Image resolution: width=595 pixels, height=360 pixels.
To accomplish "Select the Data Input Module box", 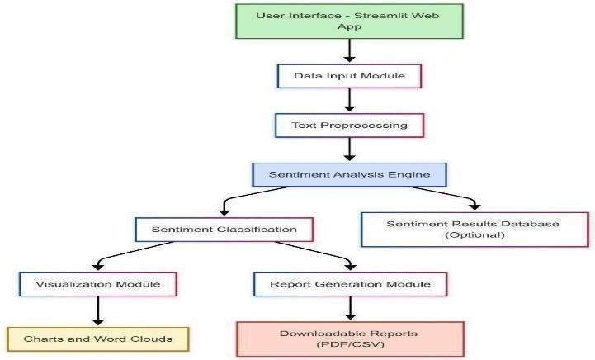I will [x=350, y=76].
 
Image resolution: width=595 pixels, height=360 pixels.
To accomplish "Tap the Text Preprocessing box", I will [x=350, y=126].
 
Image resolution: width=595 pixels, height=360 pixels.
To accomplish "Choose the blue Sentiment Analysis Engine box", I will [x=350, y=175].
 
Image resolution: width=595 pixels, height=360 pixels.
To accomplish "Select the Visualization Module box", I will [x=98, y=284].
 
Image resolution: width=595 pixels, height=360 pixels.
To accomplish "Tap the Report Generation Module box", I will [x=350, y=284].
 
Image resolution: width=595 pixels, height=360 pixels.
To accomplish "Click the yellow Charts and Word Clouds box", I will [x=98, y=339].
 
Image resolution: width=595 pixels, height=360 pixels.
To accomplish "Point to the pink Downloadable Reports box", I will [x=350, y=339].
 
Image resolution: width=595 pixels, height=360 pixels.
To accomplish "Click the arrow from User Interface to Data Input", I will [x=350, y=50].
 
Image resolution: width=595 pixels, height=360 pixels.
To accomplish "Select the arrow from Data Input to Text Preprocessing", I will [x=350, y=101].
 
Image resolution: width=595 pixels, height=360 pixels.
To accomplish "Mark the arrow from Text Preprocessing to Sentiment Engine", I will [x=350, y=149].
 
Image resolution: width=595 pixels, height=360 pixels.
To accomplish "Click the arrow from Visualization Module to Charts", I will [x=98, y=311].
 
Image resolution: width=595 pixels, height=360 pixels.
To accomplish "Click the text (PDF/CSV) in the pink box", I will [x=350, y=344].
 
